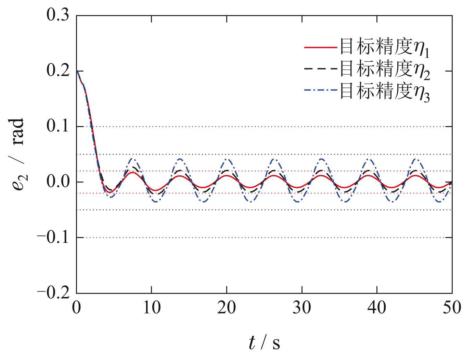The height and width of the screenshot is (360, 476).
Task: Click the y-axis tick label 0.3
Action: (57, 16)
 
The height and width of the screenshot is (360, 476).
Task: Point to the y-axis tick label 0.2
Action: (57, 71)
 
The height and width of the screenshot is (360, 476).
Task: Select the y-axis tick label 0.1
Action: (57, 127)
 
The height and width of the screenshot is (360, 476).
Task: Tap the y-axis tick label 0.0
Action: (57, 182)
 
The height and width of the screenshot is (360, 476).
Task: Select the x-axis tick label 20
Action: (227, 308)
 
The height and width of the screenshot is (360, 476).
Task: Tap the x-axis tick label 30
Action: (302, 308)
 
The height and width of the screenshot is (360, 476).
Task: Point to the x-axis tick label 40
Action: (377, 308)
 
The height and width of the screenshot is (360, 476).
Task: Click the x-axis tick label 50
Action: (452, 308)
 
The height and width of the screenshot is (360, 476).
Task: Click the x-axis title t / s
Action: (264, 343)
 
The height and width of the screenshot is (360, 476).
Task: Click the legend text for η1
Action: (384, 48)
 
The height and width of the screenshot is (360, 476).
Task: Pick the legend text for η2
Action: (384, 70)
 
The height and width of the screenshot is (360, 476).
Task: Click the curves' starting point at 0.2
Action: (77, 71)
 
